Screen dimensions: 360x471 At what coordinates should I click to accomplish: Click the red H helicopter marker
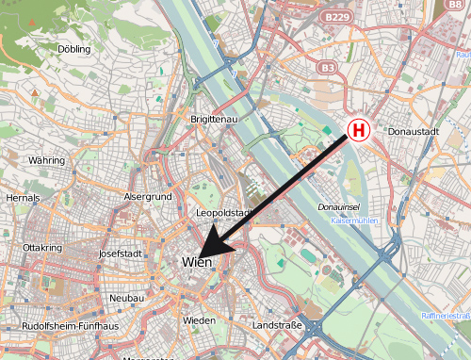[x=358, y=130]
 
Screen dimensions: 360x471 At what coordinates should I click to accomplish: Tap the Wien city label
[x=197, y=262]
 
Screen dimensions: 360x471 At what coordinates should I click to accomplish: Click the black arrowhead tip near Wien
[x=202, y=256]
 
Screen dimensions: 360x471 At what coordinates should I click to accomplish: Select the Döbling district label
[x=73, y=48]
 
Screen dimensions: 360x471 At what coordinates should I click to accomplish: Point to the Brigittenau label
[x=214, y=121]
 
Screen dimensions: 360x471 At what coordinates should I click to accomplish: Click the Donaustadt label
[x=414, y=132]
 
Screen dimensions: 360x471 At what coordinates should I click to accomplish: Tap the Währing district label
[x=46, y=161]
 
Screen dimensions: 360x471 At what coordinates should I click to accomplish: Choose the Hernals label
[x=24, y=199]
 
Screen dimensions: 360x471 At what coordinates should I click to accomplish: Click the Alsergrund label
[x=147, y=196]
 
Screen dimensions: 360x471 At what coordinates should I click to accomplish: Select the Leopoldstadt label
[x=223, y=214]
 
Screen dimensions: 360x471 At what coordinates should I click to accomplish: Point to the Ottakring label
[x=41, y=248]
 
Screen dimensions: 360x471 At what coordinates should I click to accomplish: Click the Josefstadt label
[x=120, y=254]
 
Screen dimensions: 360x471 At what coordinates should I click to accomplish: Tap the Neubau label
[x=126, y=298]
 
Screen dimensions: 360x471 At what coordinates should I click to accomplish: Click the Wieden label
[x=199, y=320]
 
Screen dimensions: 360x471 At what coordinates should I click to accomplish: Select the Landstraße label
[x=277, y=325]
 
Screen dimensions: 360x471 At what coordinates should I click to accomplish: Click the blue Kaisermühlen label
[x=354, y=221]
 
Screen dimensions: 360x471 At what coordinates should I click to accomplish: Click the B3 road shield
[x=328, y=68]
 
